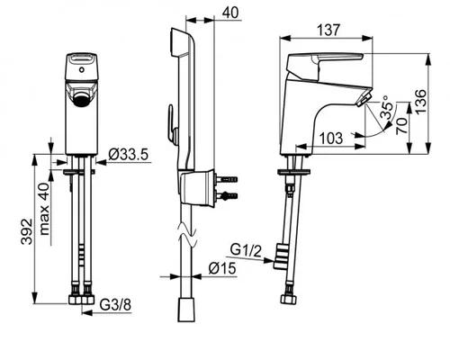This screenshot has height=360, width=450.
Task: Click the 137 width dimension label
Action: (328, 30)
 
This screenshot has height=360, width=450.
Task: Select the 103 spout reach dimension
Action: (331, 139)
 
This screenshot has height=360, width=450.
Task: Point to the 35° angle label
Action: (386, 107)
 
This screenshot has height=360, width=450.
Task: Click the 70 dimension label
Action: (402, 126)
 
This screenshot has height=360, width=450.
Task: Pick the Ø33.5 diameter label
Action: (129, 155)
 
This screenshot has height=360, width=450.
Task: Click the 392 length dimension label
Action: (27, 231)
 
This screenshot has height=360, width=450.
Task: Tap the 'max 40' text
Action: (44, 209)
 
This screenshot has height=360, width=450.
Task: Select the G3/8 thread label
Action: (115, 305)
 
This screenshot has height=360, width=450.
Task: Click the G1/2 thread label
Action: (246, 251)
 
